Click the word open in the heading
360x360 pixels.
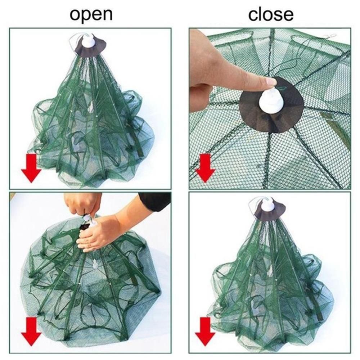point(91,15)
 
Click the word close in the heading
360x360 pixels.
point(271,14)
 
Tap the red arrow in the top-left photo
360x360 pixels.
point(31,168)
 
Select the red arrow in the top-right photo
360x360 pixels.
point(205,168)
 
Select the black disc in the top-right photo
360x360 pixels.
point(271,105)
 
